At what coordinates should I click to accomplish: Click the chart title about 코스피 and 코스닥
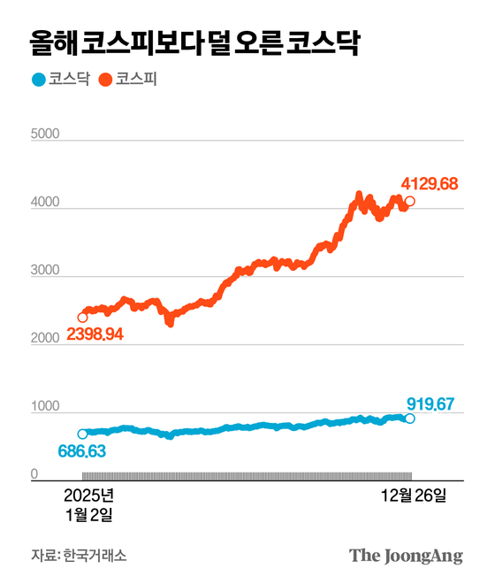point(194,42)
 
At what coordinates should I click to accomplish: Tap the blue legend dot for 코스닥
point(37,80)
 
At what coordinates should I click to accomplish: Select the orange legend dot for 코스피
point(104,80)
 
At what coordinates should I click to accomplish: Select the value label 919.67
point(430,404)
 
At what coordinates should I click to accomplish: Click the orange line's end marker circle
point(409,202)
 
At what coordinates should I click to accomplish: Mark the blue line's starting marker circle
point(82,434)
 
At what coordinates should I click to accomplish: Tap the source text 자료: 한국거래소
point(79,556)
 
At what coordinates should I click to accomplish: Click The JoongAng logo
point(406,556)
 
